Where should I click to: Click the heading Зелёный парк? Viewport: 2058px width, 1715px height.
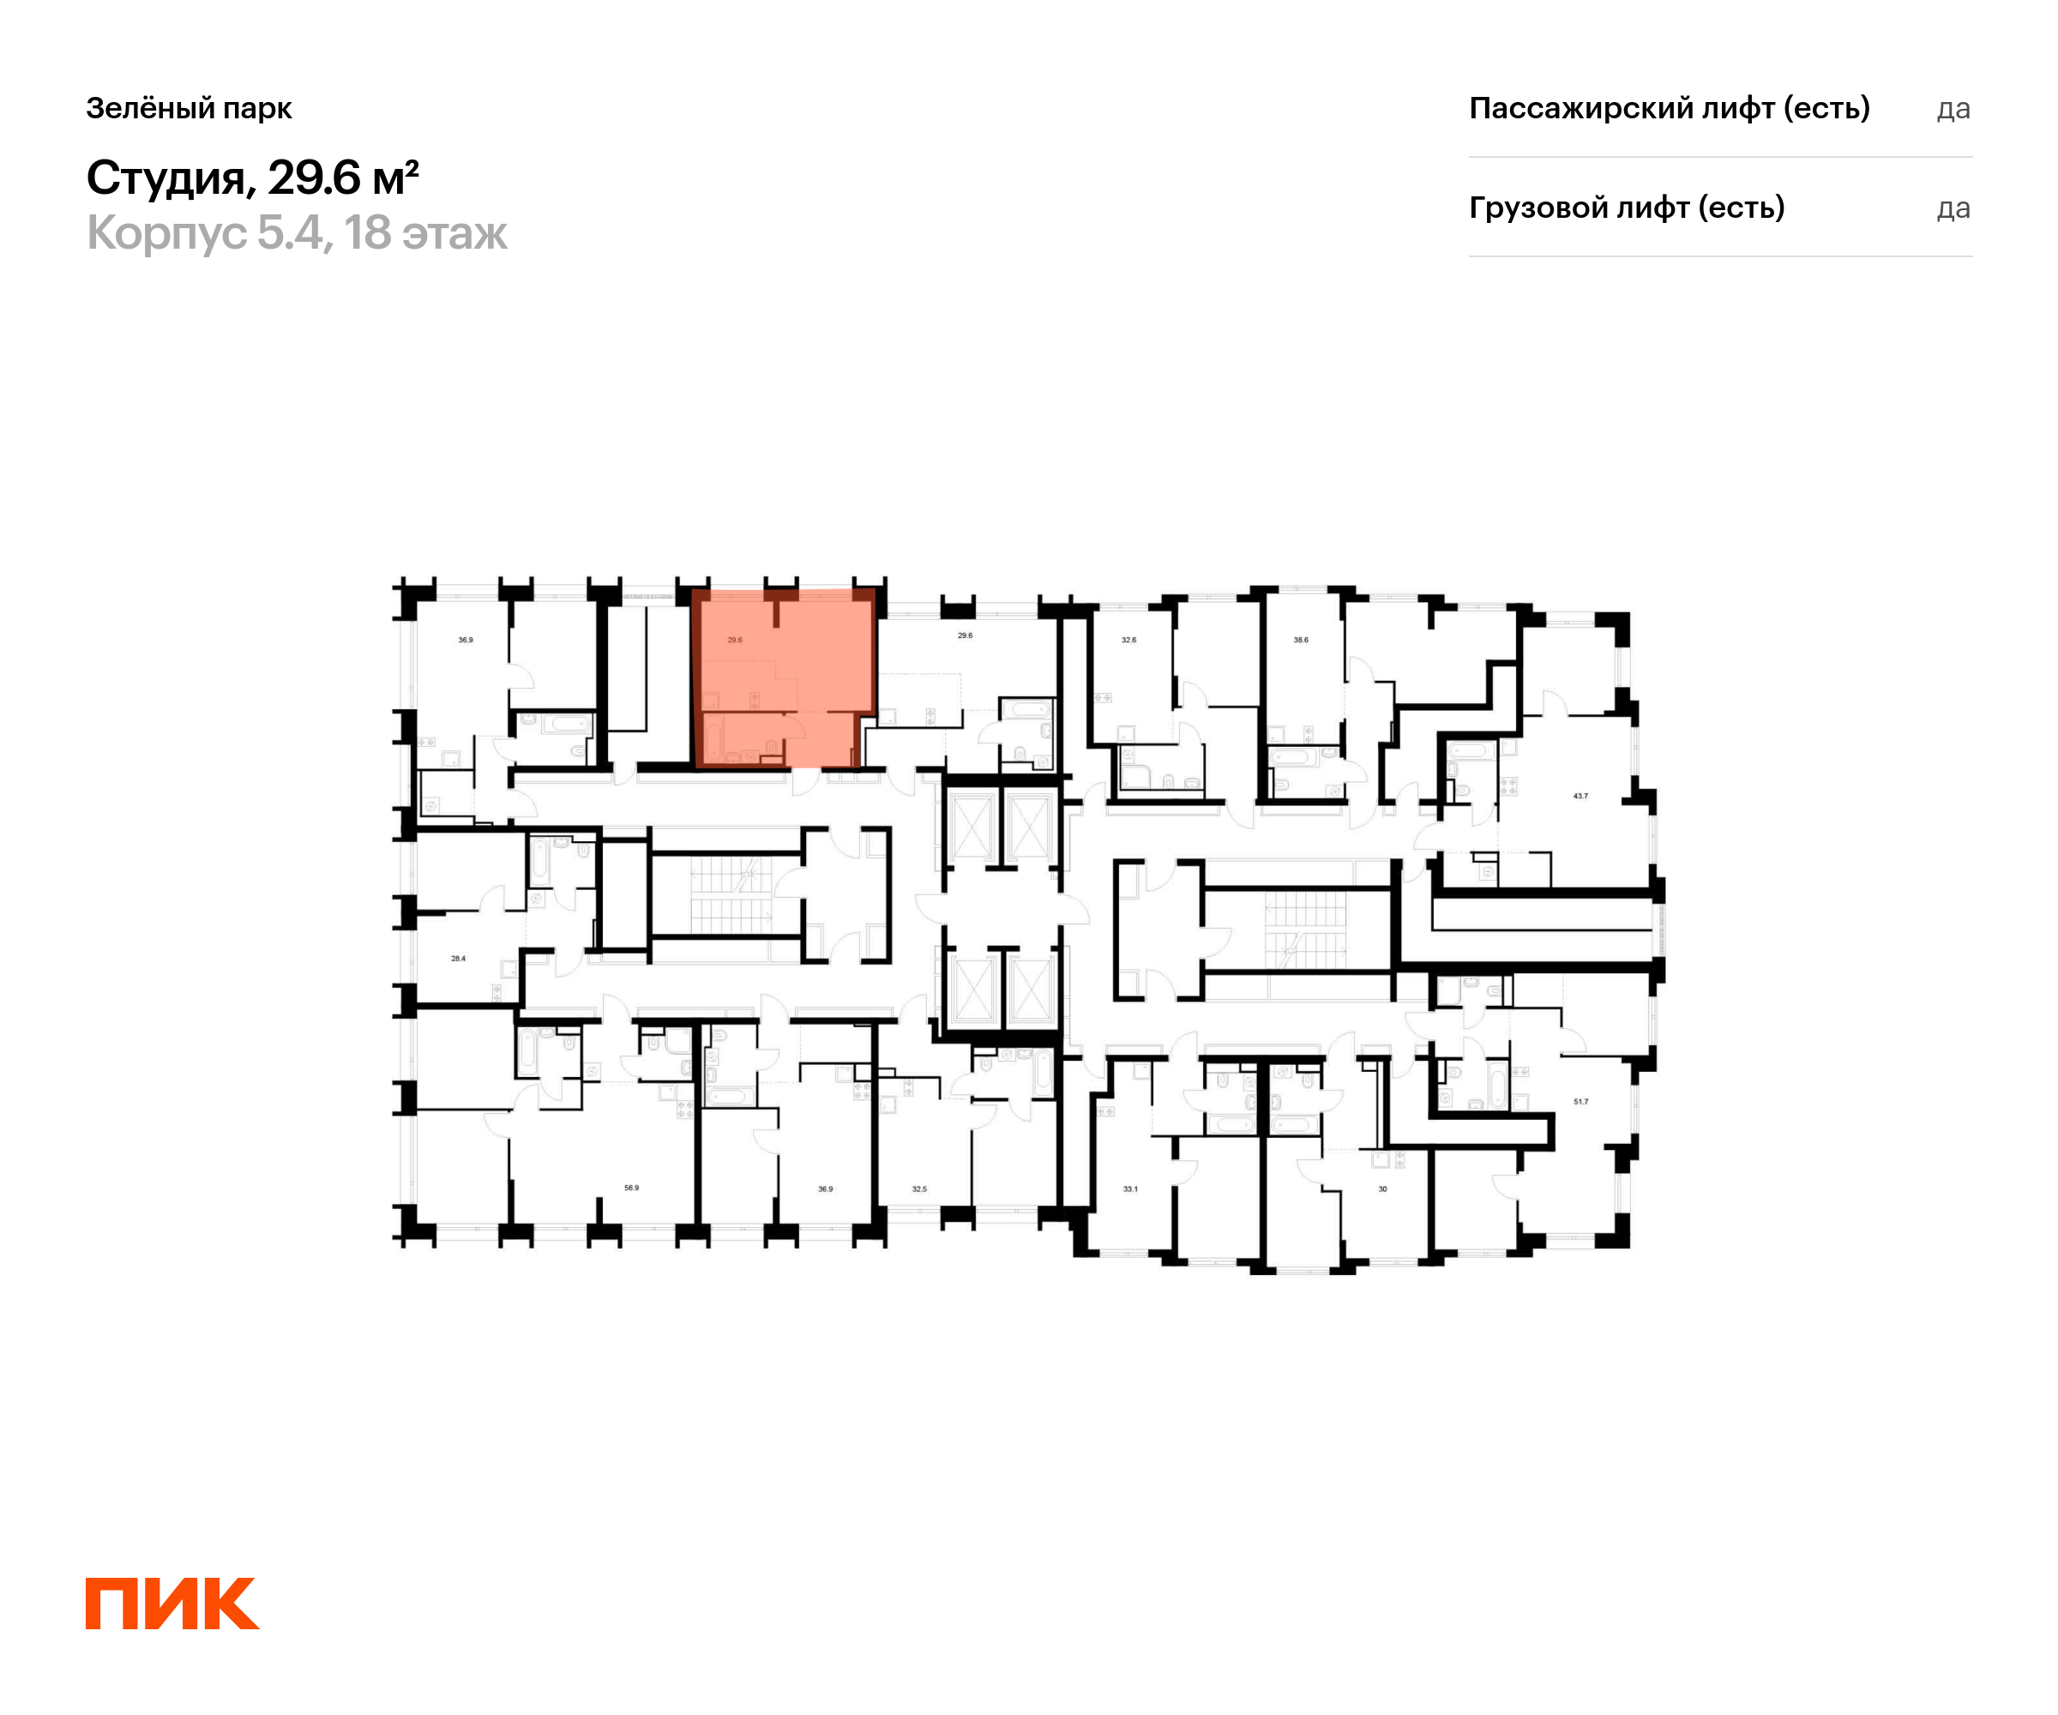pos(190,109)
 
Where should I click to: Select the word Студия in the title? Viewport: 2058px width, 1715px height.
pos(165,179)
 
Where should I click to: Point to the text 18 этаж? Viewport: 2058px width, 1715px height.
pos(425,233)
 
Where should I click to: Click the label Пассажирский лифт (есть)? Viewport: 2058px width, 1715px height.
pos(1670,108)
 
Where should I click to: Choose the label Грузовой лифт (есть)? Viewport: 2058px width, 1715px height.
pos(1627,208)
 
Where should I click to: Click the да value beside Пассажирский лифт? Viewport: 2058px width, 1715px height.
pos(1954,109)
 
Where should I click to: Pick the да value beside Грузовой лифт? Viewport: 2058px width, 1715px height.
pos(1954,208)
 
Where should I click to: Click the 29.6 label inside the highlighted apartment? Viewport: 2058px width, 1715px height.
pos(734,640)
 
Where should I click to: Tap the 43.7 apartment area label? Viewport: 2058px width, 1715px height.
pos(1580,796)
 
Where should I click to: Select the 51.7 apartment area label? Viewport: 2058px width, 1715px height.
pos(1580,1102)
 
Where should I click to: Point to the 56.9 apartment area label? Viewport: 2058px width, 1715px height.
pos(631,1188)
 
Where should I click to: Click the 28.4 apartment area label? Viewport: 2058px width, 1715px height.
pos(458,959)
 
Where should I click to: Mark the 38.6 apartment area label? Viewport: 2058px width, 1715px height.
pos(1301,640)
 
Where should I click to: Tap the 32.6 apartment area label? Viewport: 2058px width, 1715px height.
pos(1129,640)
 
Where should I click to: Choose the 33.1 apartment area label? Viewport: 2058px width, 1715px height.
pos(1130,1188)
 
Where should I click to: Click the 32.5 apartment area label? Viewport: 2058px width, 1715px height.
pos(919,1188)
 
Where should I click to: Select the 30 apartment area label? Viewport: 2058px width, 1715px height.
pos(1383,1188)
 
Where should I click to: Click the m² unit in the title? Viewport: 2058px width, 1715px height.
pos(396,178)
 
